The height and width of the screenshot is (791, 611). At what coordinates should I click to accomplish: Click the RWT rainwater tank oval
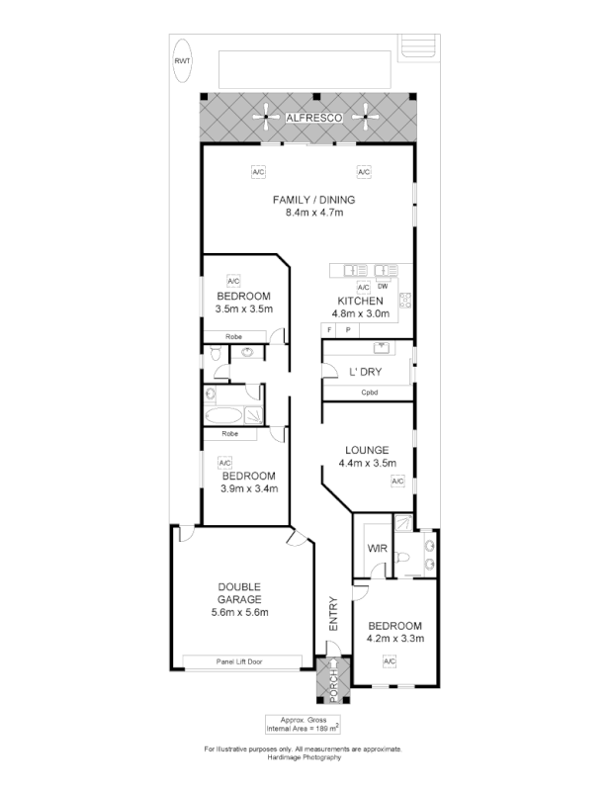click(182, 60)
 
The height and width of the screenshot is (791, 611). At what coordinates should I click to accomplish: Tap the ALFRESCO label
click(313, 118)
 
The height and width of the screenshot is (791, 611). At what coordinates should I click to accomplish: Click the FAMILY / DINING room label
click(313, 199)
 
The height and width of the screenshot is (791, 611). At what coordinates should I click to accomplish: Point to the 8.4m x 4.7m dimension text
click(313, 212)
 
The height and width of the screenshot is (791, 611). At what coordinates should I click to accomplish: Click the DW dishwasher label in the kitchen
click(382, 287)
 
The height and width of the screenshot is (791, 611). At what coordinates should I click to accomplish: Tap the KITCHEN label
click(360, 301)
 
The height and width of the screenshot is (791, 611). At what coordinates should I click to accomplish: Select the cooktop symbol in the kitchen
click(404, 300)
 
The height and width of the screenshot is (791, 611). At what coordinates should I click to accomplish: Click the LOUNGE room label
click(367, 449)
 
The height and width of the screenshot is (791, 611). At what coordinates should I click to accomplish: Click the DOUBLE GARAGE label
click(239, 593)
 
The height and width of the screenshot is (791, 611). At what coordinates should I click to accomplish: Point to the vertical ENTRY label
click(333, 614)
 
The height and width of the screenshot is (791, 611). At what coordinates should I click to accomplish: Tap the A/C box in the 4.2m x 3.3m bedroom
click(390, 660)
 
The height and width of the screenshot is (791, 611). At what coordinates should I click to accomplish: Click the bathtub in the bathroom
click(224, 415)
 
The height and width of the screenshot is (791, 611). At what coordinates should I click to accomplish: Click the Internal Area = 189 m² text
click(303, 727)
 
